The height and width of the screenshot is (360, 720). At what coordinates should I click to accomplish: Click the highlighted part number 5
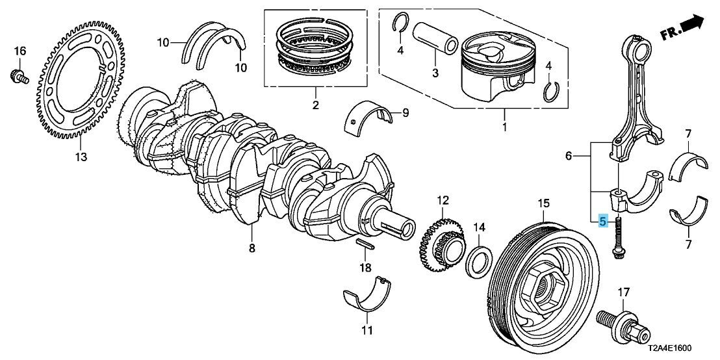pyautogui.click(x=602, y=221)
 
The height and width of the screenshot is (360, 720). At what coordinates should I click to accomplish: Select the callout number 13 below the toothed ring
pyautogui.click(x=81, y=157)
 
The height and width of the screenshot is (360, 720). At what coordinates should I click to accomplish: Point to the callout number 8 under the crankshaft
pyautogui.click(x=252, y=248)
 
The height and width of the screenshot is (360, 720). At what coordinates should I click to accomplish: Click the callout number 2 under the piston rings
pyautogui.click(x=316, y=105)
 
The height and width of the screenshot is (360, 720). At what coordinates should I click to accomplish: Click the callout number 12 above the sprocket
pyautogui.click(x=443, y=199)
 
